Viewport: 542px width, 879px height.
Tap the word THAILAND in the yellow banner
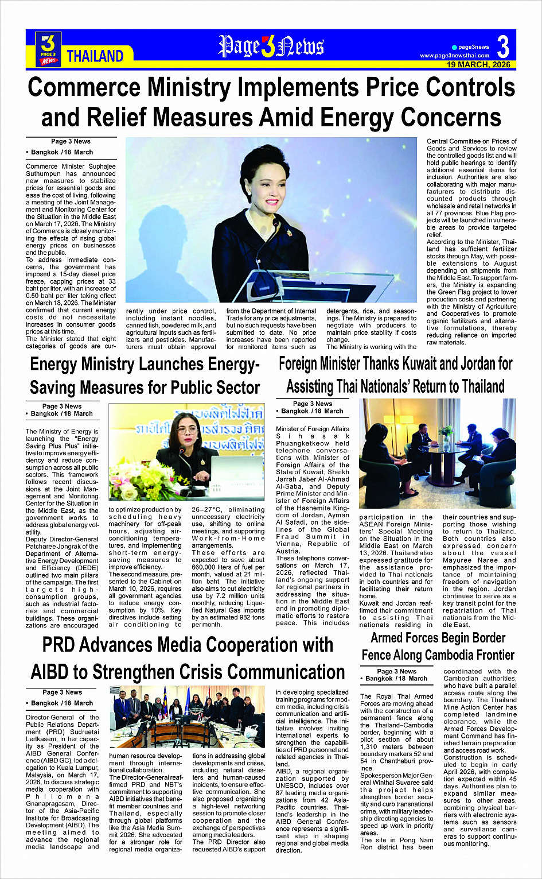pyautogui.click(x=95, y=56)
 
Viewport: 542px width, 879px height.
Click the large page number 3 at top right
pyautogui.click(x=503, y=46)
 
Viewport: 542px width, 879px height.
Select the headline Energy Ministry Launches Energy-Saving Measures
pyautogui.click(x=145, y=375)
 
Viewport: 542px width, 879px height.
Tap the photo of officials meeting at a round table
pyautogui.click(x=437, y=454)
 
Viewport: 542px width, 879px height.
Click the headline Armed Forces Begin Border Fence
pyautogui.click(x=438, y=646)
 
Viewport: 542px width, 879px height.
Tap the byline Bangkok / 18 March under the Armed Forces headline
pyautogui.click(x=396, y=678)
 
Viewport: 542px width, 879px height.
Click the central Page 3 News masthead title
pyautogui.click(x=271, y=47)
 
